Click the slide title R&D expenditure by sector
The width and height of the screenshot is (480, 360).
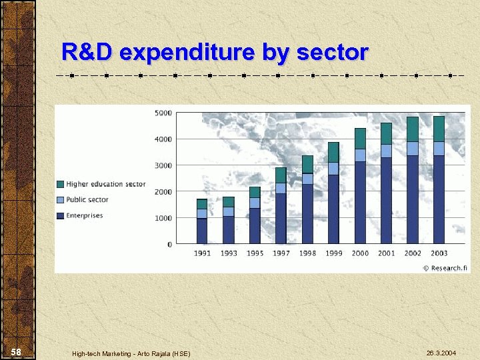click(214, 52)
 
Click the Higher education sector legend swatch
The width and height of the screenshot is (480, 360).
click(61, 184)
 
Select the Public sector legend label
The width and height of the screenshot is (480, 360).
click(87, 199)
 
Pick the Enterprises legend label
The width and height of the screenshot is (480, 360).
click(84, 215)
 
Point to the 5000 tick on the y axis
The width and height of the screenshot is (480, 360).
click(163, 113)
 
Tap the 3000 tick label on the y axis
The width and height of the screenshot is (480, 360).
click(163, 165)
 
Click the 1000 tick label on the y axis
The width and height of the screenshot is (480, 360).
click(163, 218)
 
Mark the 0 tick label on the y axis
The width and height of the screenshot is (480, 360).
click(169, 245)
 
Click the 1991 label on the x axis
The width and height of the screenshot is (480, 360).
click(202, 253)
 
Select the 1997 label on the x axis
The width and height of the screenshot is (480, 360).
click(281, 253)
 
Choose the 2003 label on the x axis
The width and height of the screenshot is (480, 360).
click(439, 253)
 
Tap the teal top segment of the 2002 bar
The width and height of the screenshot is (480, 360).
click(413, 129)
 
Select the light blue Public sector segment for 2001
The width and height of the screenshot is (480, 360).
click(386, 151)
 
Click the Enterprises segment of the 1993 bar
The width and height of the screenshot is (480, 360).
click(229, 229)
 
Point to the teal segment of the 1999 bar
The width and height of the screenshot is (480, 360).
click(333, 152)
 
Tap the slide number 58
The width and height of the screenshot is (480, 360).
click(17, 352)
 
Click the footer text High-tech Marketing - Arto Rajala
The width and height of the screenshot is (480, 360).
click(131, 353)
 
